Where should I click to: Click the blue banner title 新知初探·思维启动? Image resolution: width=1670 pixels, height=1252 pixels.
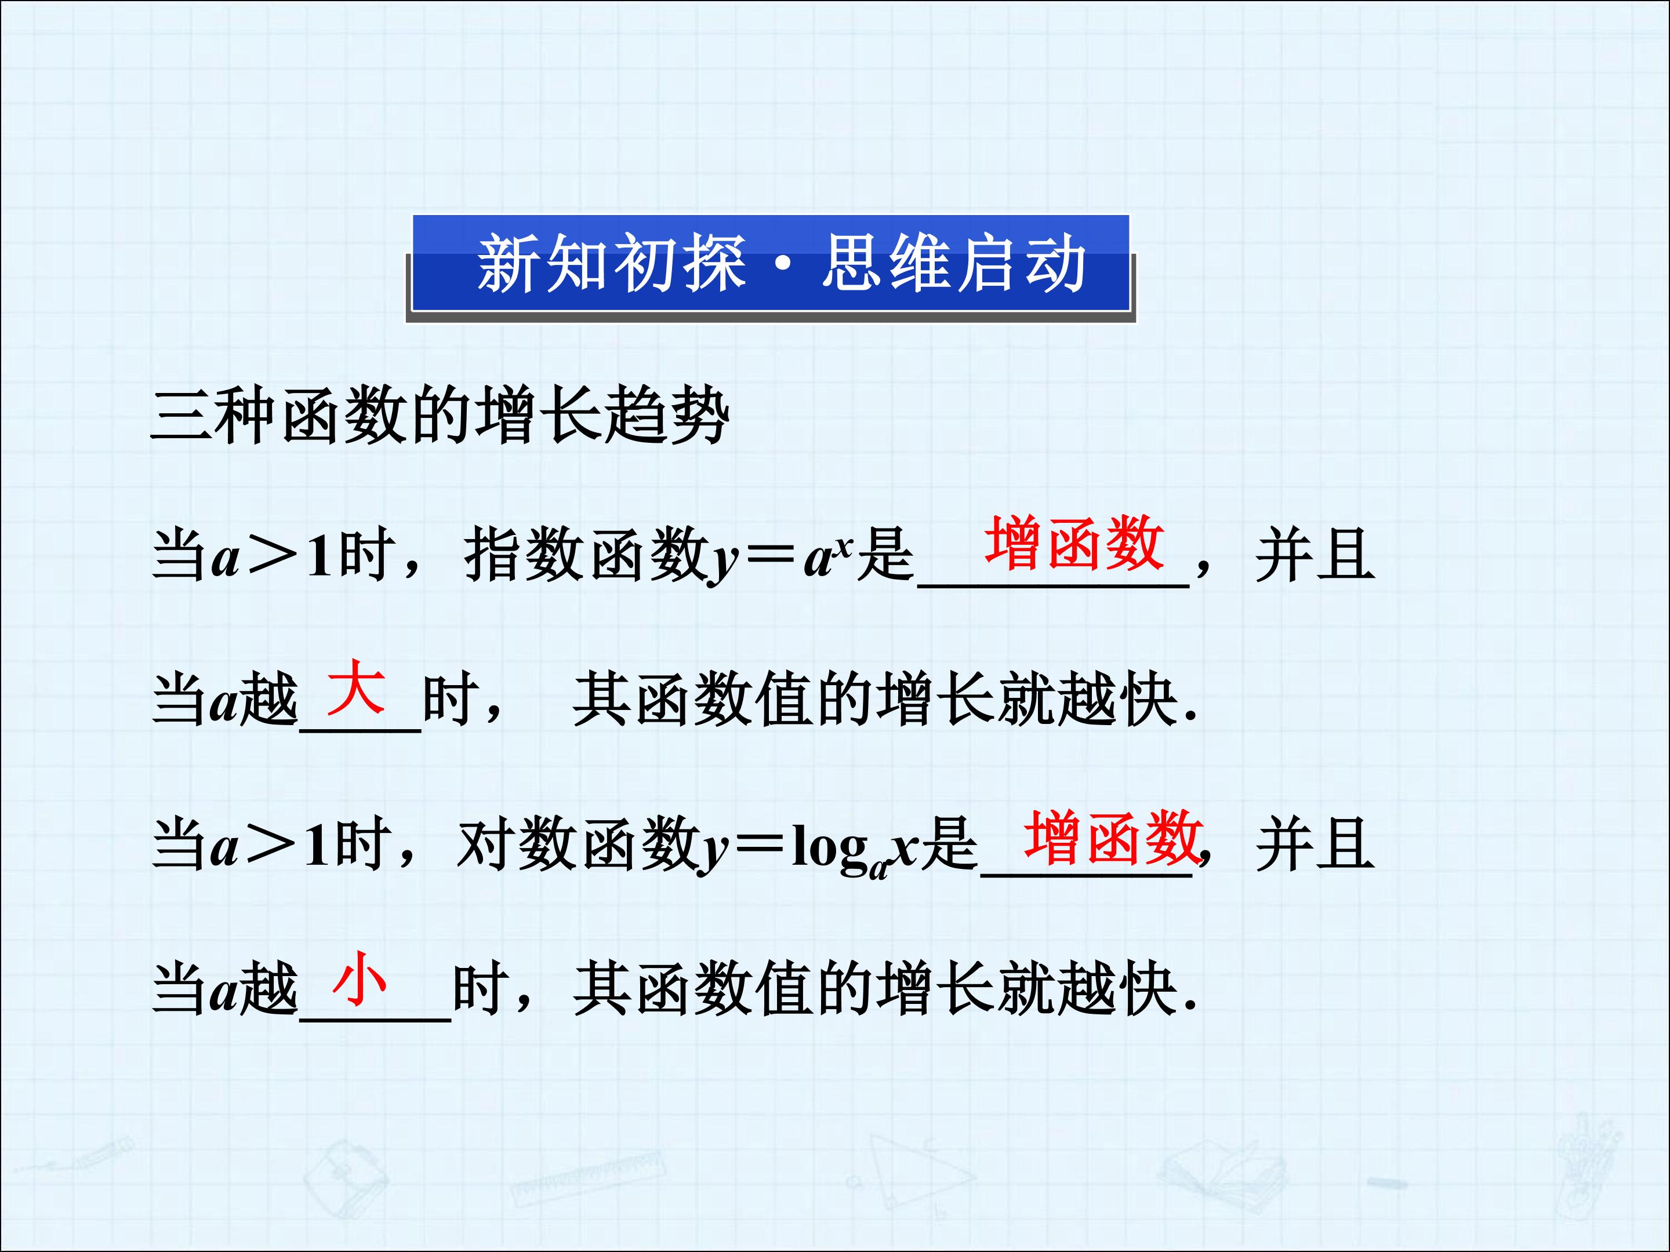pos(782,264)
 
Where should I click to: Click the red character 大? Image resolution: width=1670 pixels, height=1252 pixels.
pos(355,687)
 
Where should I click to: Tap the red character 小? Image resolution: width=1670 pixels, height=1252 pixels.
pos(360,979)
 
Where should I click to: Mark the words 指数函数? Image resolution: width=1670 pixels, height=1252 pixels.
pos(585,555)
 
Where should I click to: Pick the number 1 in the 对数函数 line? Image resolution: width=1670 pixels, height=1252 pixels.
pos(317,845)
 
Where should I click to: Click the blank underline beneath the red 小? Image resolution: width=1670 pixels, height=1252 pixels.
pos(375,1020)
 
